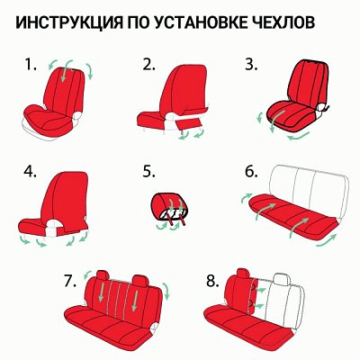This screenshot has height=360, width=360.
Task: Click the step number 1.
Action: tap(31, 65)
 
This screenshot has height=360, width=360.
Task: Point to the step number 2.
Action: tap(149, 65)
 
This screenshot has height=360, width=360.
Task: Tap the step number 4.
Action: tap(31, 171)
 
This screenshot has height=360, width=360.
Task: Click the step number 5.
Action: tap(149, 171)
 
